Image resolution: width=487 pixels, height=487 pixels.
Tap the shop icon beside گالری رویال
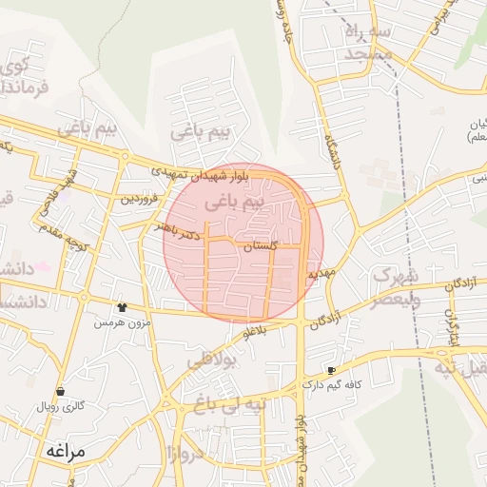pyautogui.click(x=61, y=391)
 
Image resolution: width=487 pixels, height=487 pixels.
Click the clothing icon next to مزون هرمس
pyautogui.click(x=122, y=307)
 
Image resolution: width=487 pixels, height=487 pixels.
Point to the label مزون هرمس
pyautogui.click(x=120, y=323)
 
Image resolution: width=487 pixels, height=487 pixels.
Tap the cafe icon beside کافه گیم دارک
pyautogui.click(x=331, y=369)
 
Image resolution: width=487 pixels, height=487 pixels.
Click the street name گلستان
pyautogui.click(x=261, y=245)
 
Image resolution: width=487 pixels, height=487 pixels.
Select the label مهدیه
pyautogui.click(x=322, y=273)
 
